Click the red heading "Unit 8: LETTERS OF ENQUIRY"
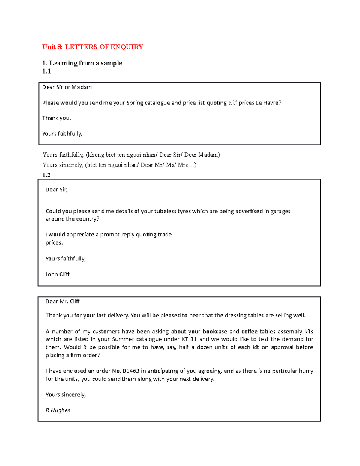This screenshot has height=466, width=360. [x=93, y=47]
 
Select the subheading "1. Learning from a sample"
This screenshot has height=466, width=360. [x=82, y=63]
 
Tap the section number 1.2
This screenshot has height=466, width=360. [x=46, y=175]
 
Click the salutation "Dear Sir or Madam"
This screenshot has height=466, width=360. [x=67, y=87]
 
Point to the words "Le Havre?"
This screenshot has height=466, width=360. [x=268, y=103]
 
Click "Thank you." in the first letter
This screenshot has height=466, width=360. [x=57, y=118]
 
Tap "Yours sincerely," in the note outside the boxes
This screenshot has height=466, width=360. [x=63, y=165]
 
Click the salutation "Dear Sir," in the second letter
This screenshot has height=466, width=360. [x=57, y=190]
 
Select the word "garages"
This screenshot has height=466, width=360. [x=280, y=211]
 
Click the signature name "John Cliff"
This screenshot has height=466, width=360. [x=58, y=274]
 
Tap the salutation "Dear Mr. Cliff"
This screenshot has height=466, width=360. [x=63, y=302]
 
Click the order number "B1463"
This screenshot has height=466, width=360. [x=131, y=371]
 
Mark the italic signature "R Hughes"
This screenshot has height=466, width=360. [x=58, y=410]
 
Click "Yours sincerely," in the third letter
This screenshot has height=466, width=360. [x=66, y=395]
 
